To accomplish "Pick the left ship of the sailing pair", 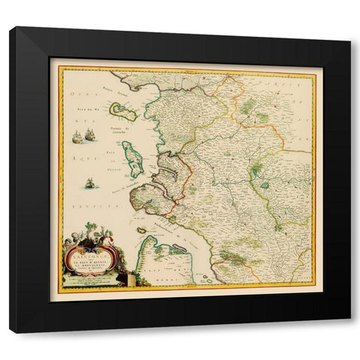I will tap(76, 137).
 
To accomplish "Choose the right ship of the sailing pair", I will tap(90, 135).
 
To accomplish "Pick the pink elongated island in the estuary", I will tap(179, 247).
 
